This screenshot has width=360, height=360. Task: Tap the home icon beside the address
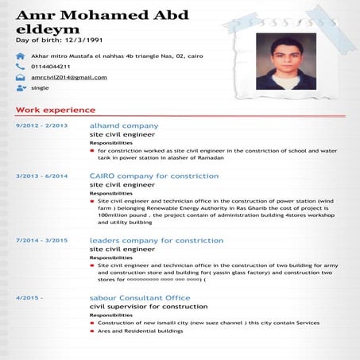tap(20, 56)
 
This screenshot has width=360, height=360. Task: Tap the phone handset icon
tap(20, 67)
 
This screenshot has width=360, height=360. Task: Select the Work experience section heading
tap(56, 110)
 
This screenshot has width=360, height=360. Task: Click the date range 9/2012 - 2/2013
tap(41, 126)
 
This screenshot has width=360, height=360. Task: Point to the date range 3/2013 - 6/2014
tap(41, 176)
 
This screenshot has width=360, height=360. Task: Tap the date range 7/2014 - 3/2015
tap(41, 239)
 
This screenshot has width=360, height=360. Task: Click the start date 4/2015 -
tap(29, 297)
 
